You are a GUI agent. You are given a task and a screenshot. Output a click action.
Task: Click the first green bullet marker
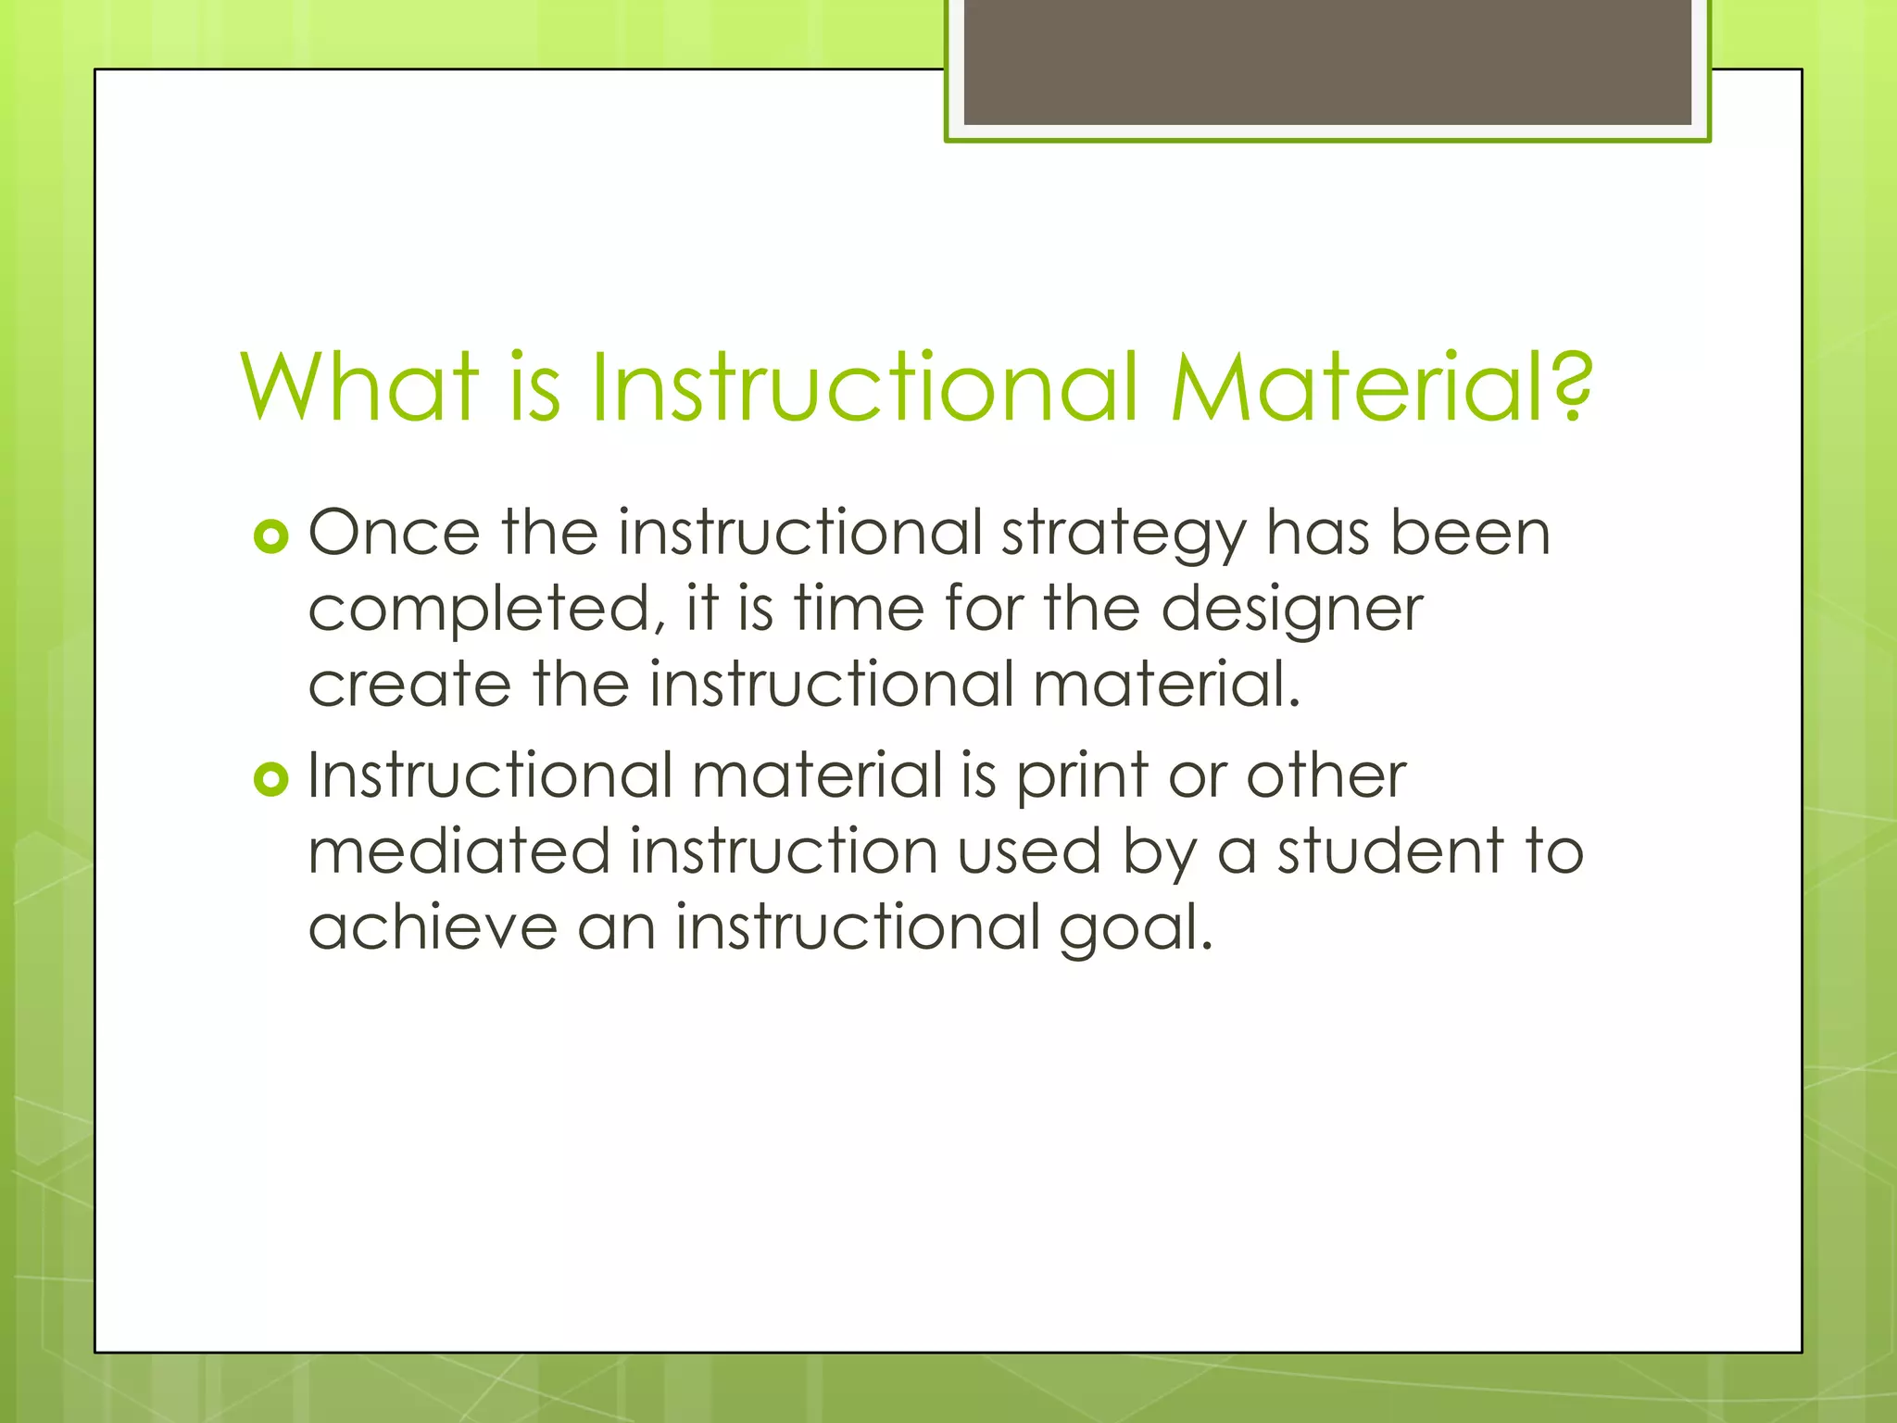click(x=270, y=536)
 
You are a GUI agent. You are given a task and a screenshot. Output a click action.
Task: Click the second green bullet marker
click(x=270, y=779)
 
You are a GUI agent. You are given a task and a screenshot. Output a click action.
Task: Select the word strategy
click(x=1124, y=535)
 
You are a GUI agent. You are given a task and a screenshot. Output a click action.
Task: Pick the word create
click(x=409, y=685)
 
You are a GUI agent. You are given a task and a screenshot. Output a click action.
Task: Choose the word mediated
click(x=459, y=852)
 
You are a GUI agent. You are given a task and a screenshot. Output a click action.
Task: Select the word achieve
click(x=433, y=927)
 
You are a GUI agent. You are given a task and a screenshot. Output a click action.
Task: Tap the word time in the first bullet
click(x=859, y=610)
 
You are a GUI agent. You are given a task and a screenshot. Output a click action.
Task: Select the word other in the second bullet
click(x=1325, y=776)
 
